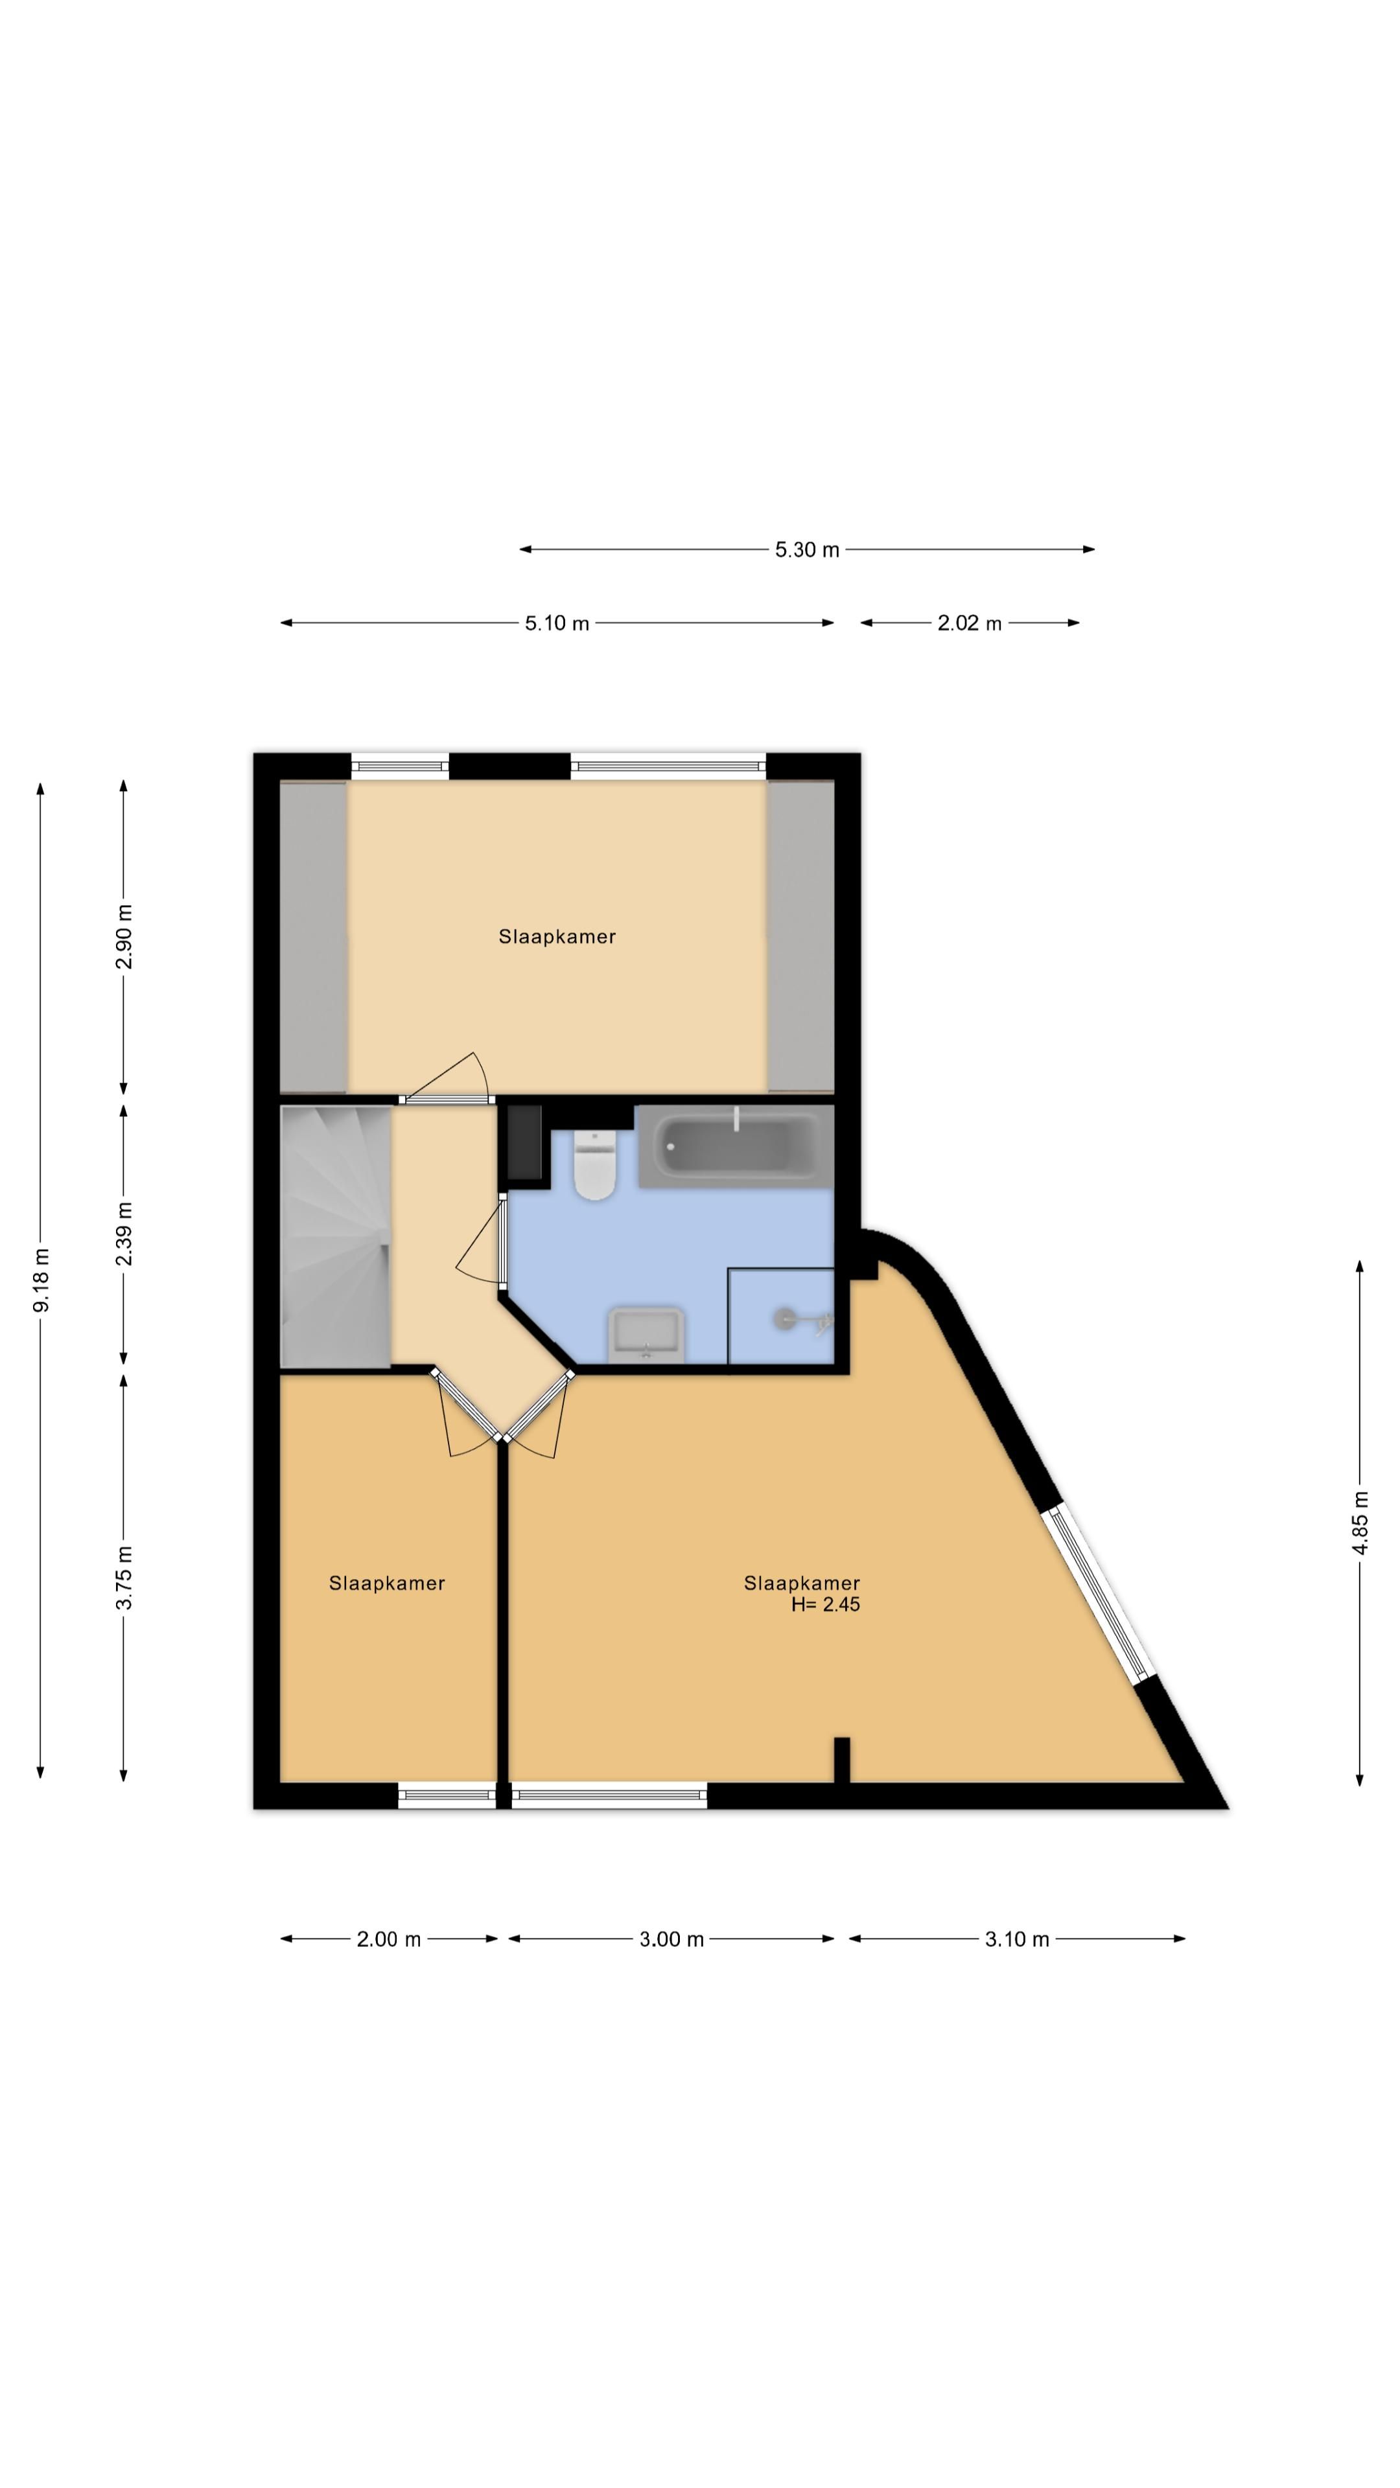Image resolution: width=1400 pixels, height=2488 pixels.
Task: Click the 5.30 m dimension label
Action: [807, 549]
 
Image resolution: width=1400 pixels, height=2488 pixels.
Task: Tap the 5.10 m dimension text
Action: [557, 623]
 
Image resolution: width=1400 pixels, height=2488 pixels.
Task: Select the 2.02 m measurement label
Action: [969, 623]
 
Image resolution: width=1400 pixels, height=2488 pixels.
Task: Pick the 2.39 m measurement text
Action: [124, 1234]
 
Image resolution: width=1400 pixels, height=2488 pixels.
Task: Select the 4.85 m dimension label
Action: [1359, 1523]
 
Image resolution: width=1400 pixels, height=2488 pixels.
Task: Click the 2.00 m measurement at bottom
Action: [388, 1939]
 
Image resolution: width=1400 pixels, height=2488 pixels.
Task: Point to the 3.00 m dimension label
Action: [671, 1939]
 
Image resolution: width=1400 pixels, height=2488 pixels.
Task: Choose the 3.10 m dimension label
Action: [1016, 1939]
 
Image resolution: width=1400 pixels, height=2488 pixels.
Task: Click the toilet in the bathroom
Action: [594, 1165]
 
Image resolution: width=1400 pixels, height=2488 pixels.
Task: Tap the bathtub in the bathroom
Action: [735, 1146]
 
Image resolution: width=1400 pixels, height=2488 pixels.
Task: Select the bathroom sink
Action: [646, 1334]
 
